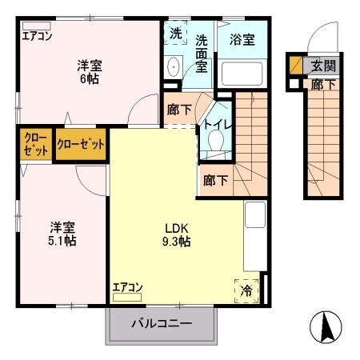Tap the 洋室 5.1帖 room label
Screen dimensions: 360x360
(x=60, y=233)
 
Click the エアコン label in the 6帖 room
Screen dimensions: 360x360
(x=37, y=35)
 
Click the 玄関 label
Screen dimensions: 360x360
(x=322, y=66)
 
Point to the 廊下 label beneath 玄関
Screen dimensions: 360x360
(x=322, y=83)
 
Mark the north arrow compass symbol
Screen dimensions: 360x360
(x=326, y=326)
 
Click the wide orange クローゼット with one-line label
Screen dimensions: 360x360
(x=81, y=146)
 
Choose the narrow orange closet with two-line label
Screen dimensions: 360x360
(x=34, y=146)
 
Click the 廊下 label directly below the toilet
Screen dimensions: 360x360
(x=214, y=180)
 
